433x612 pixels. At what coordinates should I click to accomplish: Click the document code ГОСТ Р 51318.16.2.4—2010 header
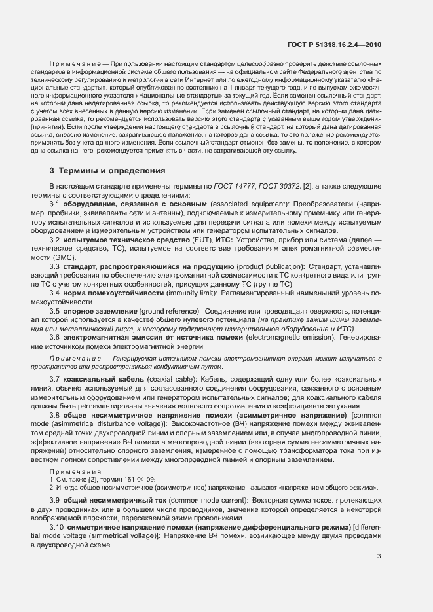334,45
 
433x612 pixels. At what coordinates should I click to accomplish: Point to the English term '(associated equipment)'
248,204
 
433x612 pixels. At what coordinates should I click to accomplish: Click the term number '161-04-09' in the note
138,479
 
